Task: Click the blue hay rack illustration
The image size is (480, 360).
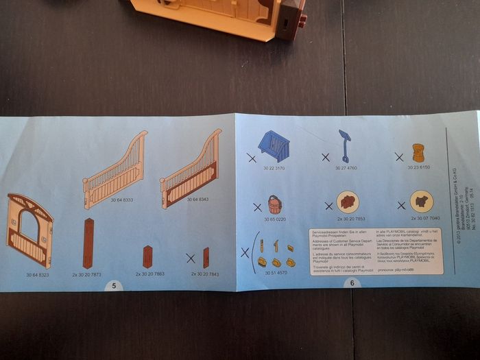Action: pyautogui.click(x=274, y=145)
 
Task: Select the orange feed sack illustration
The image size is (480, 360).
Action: pyautogui.click(x=418, y=152)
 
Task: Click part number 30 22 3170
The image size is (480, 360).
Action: pyautogui.click(x=275, y=168)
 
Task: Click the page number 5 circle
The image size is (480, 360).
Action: pyautogui.click(x=114, y=285)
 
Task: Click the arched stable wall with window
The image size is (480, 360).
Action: pyautogui.click(x=29, y=230)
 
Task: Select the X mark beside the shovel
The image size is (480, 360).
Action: pyautogui.click(x=325, y=157)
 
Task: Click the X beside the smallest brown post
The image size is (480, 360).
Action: pyautogui.click(x=190, y=259)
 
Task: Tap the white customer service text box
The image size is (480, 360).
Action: pyautogui.click(x=375, y=250)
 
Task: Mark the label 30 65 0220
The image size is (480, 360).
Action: pyautogui.click(x=275, y=219)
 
